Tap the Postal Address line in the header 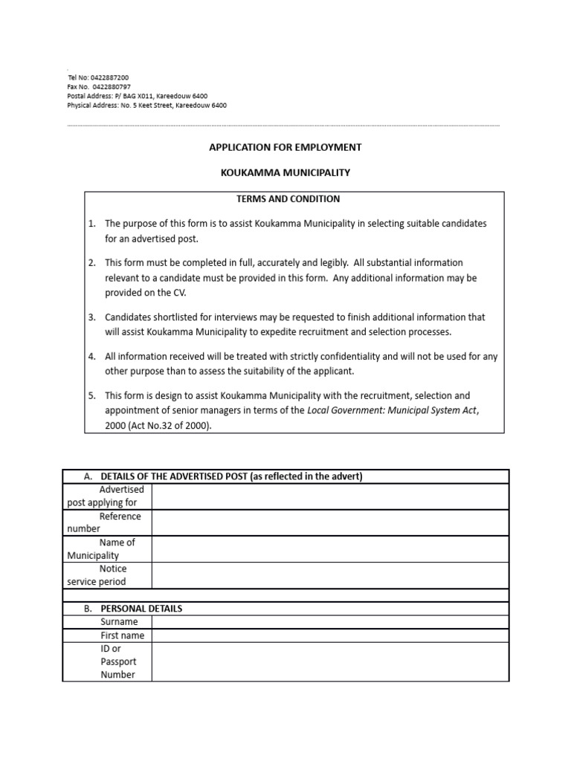[x=138, y=96]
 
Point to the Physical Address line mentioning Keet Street [x=147, y=106]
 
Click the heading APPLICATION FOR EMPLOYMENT [x=285, y=147]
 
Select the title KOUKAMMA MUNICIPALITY [x=285, y=172]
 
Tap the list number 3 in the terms [x=92, y=317]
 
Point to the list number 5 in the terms [x=92, y=396]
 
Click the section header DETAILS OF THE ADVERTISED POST [x=231, y=476]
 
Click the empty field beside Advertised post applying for [x=330, y=496]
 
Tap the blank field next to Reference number [x=330, y=522]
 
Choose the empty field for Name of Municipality [x=330, y=548]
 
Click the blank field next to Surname [x=330, y=621]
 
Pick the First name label [x=123, y=635]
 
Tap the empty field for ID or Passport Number [x=330, y=661]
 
